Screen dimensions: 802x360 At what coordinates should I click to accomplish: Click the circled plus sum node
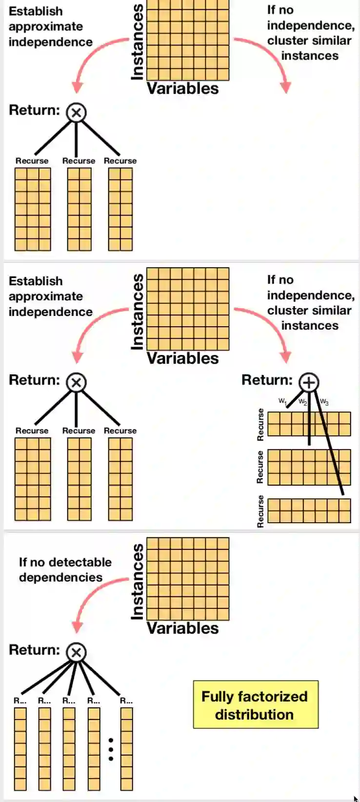click(x=308, y=382)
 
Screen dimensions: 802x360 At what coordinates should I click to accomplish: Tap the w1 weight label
click(x=282, y=401)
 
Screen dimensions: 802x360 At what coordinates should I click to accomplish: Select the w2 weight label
click(x=303, y=402)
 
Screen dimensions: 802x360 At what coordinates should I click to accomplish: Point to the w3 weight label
click(x=324, y=402)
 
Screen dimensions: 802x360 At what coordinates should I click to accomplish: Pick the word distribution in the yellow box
click(x=254, y=715)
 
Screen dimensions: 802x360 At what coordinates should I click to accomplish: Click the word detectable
click(x=82, y=562)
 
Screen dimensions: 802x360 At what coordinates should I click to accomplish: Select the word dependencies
click(x=60, y=577)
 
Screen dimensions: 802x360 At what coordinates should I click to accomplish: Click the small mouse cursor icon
click(x=356, y=798)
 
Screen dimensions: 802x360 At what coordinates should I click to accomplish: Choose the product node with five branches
click(x=76, y=652)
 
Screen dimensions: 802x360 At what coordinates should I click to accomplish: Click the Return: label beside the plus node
click(x=267, y=380)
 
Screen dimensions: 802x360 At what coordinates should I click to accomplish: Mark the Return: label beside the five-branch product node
click(x=34, y=650)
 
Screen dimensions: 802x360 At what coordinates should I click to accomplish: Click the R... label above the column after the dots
click(x=126, y=701)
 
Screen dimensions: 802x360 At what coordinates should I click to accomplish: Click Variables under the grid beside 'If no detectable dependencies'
click(x=183, y=628)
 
